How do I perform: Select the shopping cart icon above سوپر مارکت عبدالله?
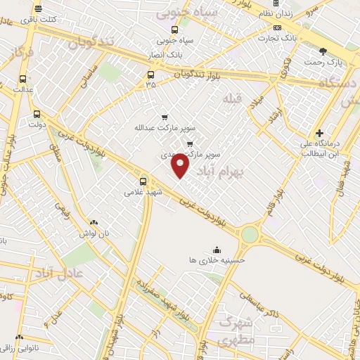[x=165, y=117]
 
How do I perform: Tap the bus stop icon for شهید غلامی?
[x=143, y=181]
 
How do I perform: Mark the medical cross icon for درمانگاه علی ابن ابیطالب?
[x=319, y=133]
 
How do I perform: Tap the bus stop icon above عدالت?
[x=23, y=79]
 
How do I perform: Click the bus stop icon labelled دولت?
[x=37, y=113]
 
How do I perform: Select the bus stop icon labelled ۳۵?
[x=150, y=74]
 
